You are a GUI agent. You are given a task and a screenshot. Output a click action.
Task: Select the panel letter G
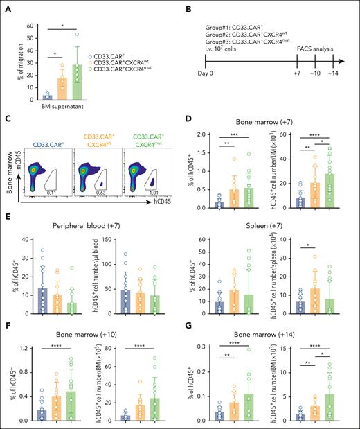190,322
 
